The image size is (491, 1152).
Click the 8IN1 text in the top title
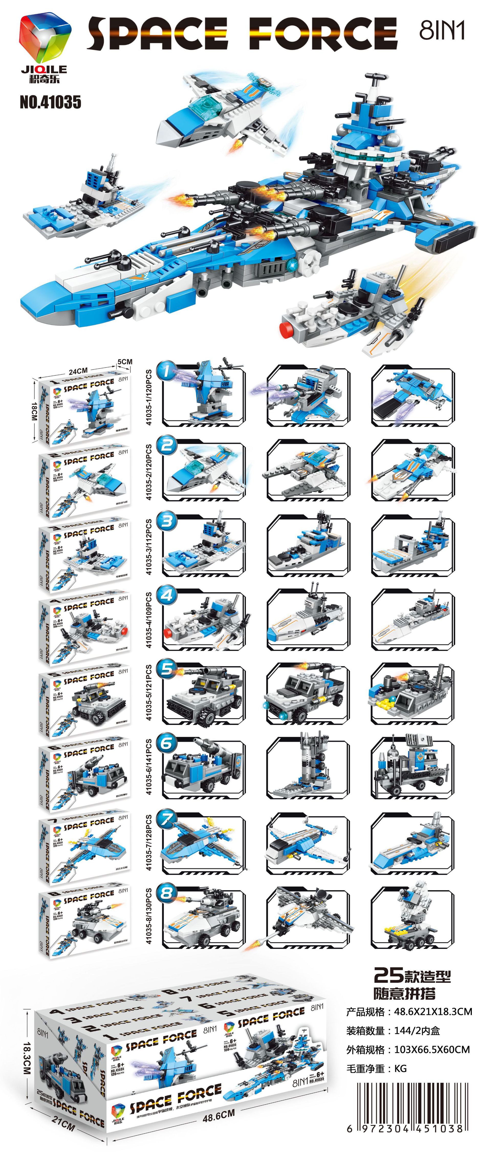442,30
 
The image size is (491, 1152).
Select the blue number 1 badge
167,371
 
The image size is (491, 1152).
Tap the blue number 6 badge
167,743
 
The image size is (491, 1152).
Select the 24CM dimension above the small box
78,371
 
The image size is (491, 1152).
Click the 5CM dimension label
125,361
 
